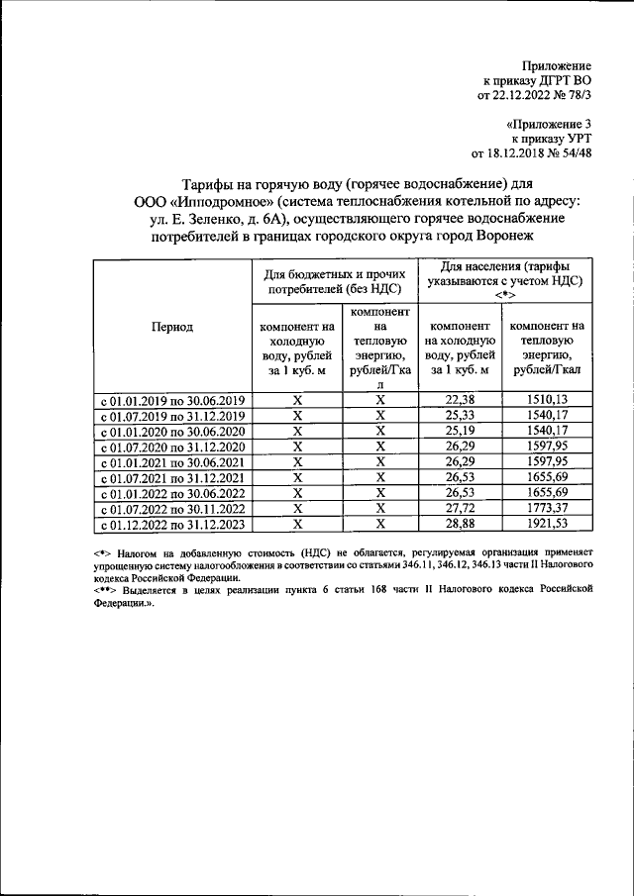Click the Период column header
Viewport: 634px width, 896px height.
[172, 325]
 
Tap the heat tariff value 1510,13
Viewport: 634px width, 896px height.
[547, 399]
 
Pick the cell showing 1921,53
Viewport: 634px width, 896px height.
[547, 524]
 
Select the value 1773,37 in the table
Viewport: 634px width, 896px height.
[547, 508]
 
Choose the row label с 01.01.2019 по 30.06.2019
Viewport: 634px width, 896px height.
[172, 400]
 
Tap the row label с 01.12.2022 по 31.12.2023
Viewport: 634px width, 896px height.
[172, 525]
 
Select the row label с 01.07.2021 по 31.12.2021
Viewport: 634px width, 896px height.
[172, 478]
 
